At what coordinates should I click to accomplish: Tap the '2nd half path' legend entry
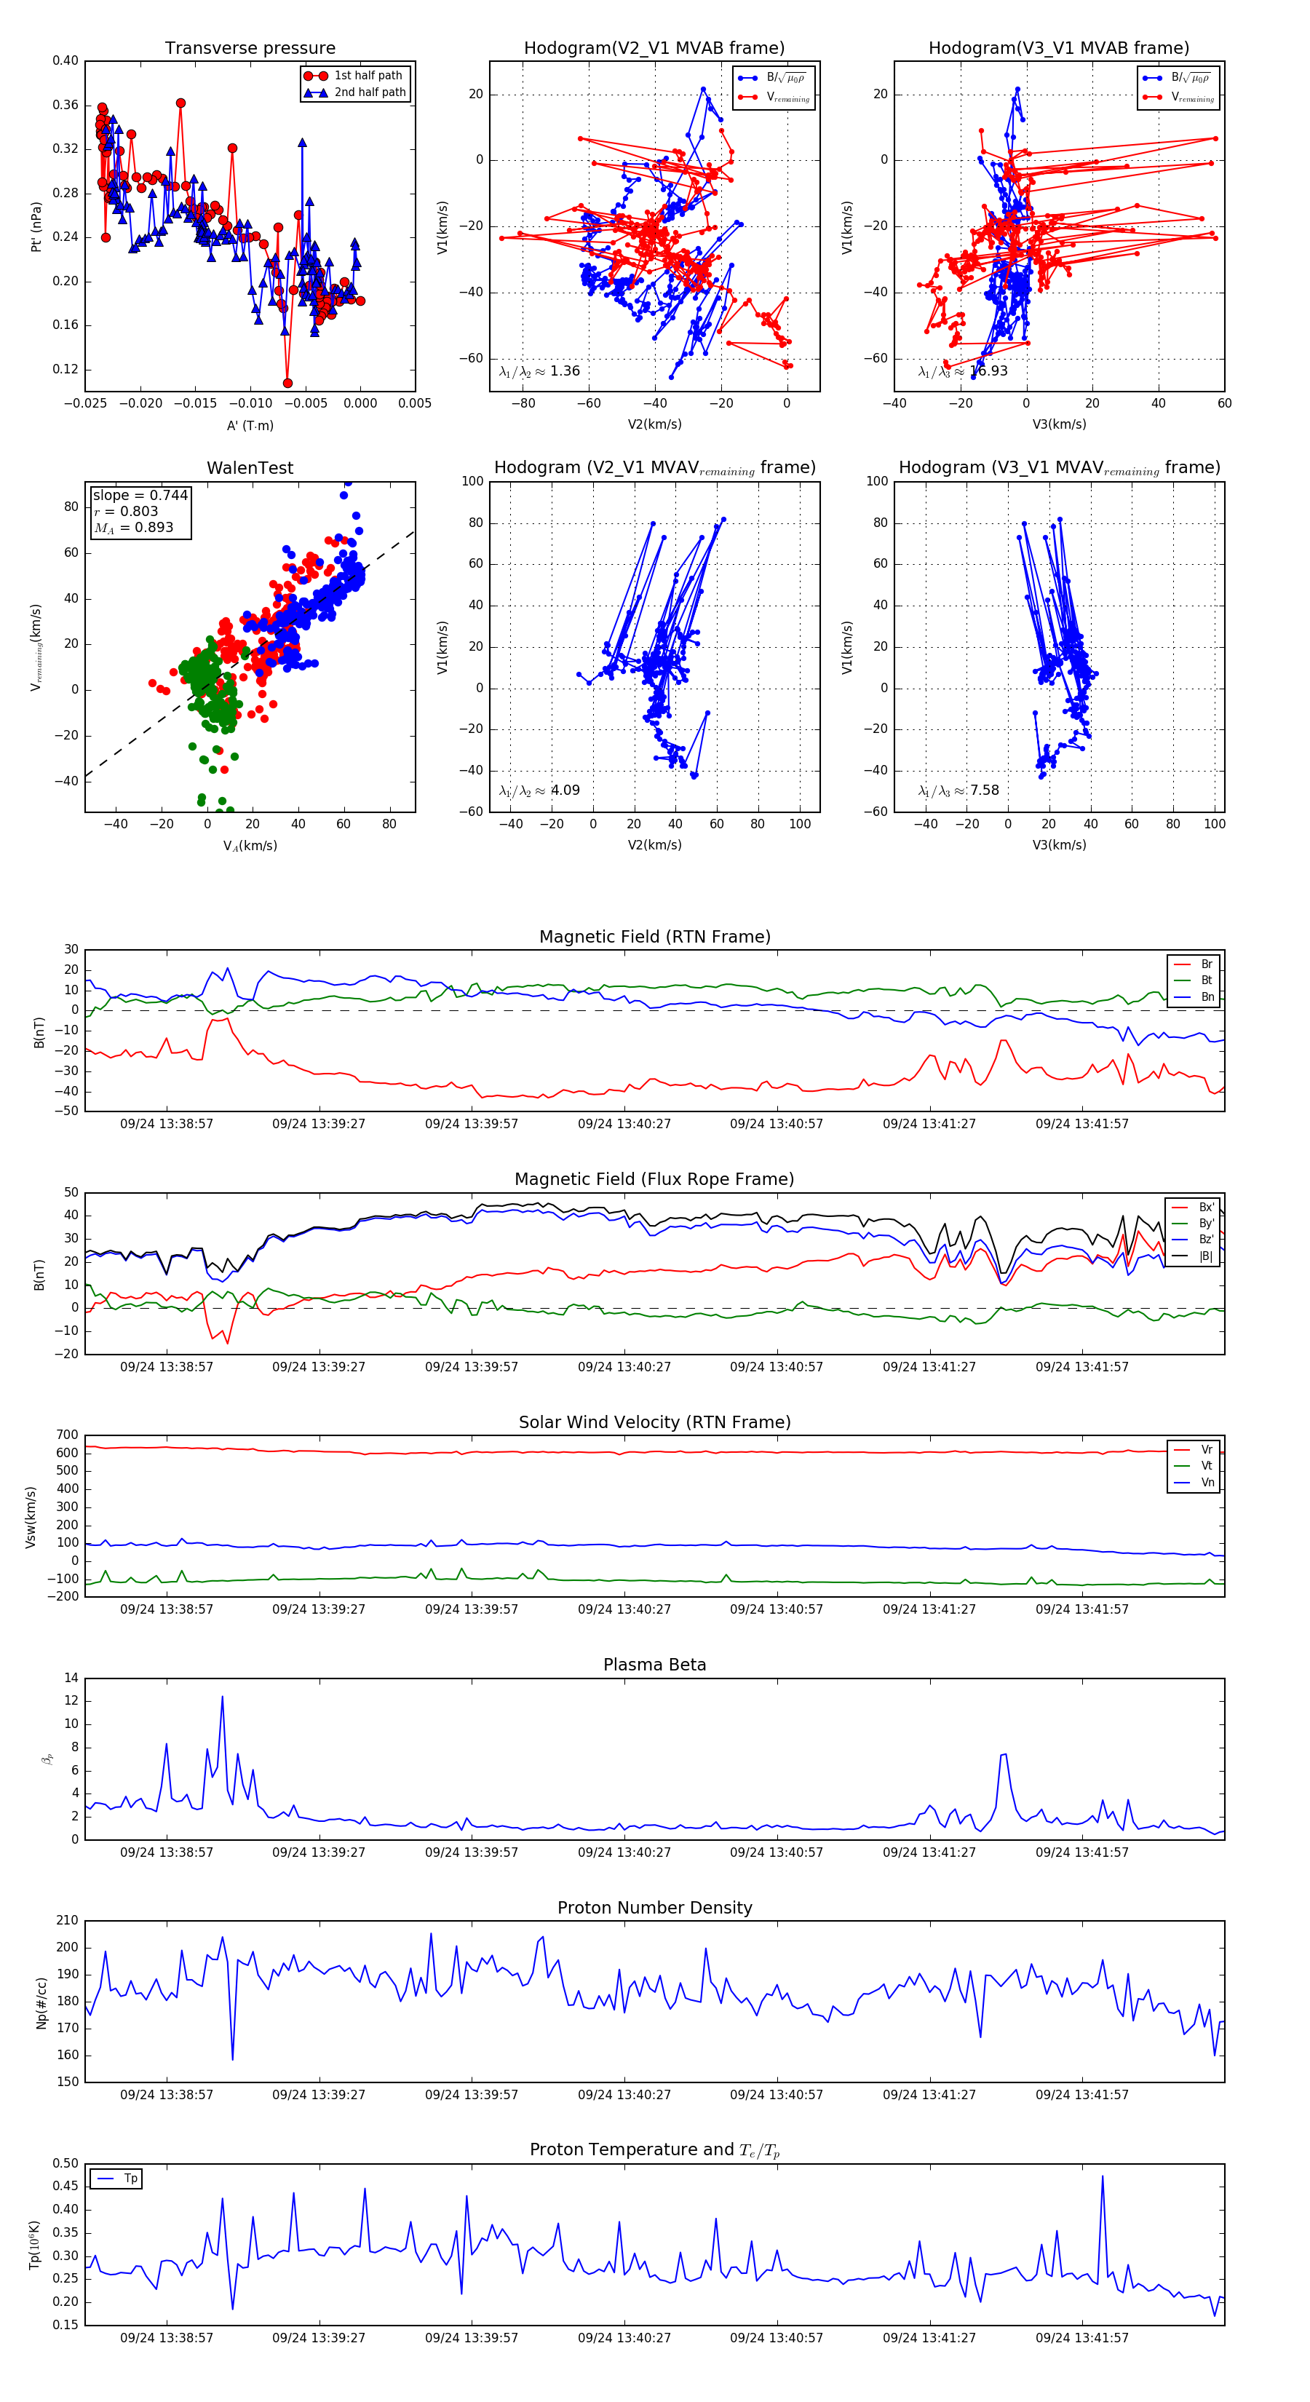[369, 92]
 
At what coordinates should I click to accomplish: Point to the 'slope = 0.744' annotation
[140, 495]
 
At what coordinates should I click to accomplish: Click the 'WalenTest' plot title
[250, 468]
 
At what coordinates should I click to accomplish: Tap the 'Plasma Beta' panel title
[654, 1665]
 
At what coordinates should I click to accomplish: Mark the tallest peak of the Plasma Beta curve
[222, 1697]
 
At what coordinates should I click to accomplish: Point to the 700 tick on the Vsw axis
[67, 1435]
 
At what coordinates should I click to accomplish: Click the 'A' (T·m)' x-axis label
[250, 425]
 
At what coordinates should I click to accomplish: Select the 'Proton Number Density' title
[654, 1908]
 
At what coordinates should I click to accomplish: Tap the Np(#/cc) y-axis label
[41, 2002]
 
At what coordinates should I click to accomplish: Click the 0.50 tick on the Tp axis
[65, 2163]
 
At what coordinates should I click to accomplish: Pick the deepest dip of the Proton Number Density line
[232, 2059]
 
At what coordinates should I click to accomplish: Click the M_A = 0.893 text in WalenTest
[133, 528]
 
